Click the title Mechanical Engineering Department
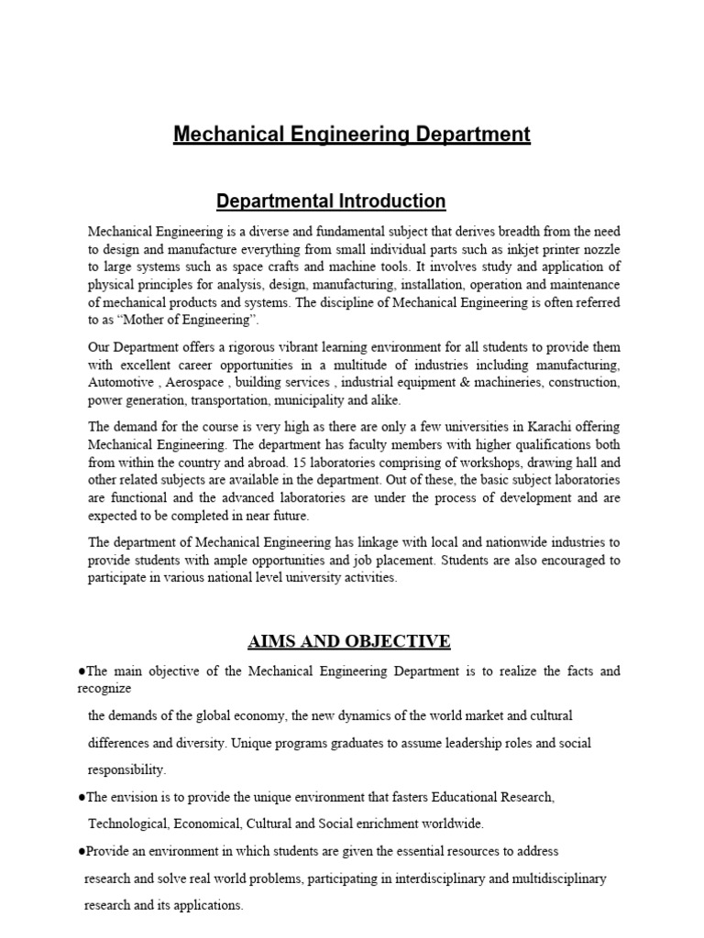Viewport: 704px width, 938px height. pos(352,135)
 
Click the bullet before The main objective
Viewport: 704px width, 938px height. pos(83,671)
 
